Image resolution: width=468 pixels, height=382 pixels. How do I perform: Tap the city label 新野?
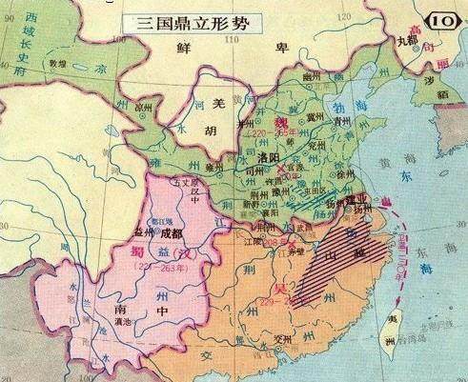click(x=249, y=204)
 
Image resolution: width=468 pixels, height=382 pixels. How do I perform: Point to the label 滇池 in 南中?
click(x=123, y=324)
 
